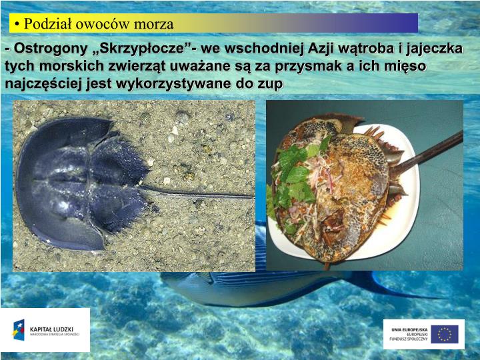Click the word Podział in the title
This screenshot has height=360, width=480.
click(x=47, y=24)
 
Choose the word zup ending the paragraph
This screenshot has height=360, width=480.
click(x=271, y=85)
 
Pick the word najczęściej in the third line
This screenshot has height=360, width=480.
click(x=40, y=85)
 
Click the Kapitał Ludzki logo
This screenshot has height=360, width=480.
click(x=45, y=330)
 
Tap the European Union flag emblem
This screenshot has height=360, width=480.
click(x=444, y=334)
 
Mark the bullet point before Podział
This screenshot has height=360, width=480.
click(x=15, y=25)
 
